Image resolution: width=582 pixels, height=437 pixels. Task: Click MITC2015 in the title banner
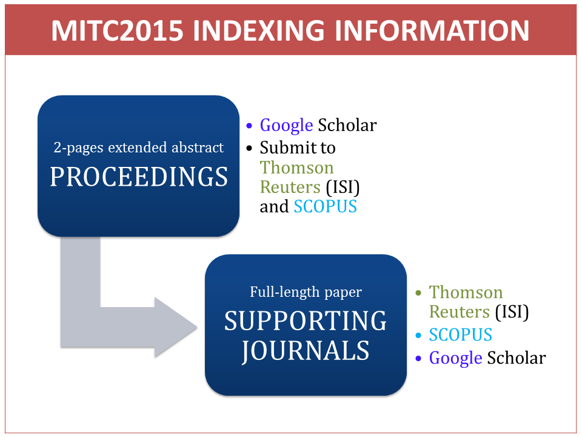(x=117, y=30)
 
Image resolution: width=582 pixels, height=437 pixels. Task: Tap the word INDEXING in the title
(x=259, y=30)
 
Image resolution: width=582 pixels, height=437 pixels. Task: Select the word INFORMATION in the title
(x=432, y=30)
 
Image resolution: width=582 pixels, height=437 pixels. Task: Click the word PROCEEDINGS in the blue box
(x=139, y=177)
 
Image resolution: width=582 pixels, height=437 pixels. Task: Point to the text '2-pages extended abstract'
(x=138, y=147)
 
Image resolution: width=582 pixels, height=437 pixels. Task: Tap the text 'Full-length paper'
(x=306, y=292)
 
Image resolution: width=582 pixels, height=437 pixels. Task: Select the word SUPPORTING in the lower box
(x=306, y=320)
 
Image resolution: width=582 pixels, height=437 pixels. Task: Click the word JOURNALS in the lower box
(x=306, y=350)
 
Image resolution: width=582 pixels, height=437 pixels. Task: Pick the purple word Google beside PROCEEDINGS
(x=286, y=125)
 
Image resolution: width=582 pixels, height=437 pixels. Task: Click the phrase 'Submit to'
(x=298, y=147)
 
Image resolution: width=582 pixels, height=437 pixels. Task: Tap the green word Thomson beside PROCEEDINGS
(x=296, y=168)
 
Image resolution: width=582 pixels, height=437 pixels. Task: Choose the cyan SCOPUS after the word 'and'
(x=325, y=206)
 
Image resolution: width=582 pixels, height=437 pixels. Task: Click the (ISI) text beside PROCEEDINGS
(x=343, y=188)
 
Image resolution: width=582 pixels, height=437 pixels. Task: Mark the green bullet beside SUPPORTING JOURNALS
(x=418, y=293)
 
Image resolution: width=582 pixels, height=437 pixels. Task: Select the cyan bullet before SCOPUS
(x=418, y=335)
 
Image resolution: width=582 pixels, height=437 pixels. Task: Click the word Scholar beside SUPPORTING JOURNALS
(x=517, y=358)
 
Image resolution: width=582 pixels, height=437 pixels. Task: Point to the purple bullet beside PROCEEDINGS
(x=249, y=126)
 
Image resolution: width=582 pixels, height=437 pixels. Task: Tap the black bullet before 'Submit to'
(x=249, y=148)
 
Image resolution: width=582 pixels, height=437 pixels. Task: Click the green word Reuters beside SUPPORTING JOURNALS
(x=459, y=312)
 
